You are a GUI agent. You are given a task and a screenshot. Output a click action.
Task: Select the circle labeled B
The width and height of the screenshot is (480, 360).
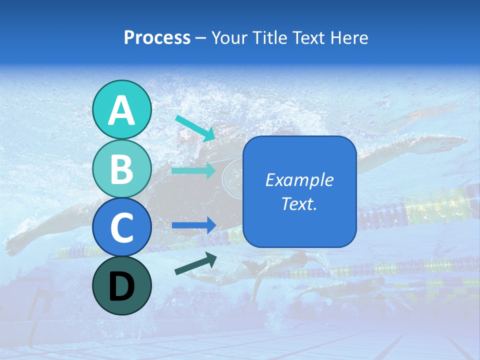pos(122,168)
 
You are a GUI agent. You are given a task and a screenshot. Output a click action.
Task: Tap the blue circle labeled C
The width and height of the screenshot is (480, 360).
pos(122,227)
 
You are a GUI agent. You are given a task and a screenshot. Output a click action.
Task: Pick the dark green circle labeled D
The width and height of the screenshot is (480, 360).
pos(122,285)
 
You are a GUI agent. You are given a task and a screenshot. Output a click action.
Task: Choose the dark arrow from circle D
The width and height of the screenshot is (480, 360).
pos(195,264)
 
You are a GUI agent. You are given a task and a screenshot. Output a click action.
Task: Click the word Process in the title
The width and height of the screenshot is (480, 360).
pos(157,37)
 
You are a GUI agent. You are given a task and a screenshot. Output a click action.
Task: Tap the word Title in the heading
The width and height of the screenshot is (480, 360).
pos(266,37)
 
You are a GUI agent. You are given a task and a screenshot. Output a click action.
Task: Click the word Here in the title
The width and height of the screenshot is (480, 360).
pos(348,37)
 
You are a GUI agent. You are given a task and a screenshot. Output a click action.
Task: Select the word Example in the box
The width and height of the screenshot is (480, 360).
pos(299,180)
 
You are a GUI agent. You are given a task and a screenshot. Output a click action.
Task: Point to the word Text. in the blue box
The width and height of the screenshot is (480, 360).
pos(299,204)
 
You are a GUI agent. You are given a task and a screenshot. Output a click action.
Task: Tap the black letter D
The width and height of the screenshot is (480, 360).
pos(122,286)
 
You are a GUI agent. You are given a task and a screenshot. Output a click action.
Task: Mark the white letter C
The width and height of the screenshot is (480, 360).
pos(122,228)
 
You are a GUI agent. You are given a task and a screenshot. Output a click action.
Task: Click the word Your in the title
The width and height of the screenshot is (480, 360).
pos(228,37)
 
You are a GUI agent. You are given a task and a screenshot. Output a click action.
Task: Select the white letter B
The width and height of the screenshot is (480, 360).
pos(122,169)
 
